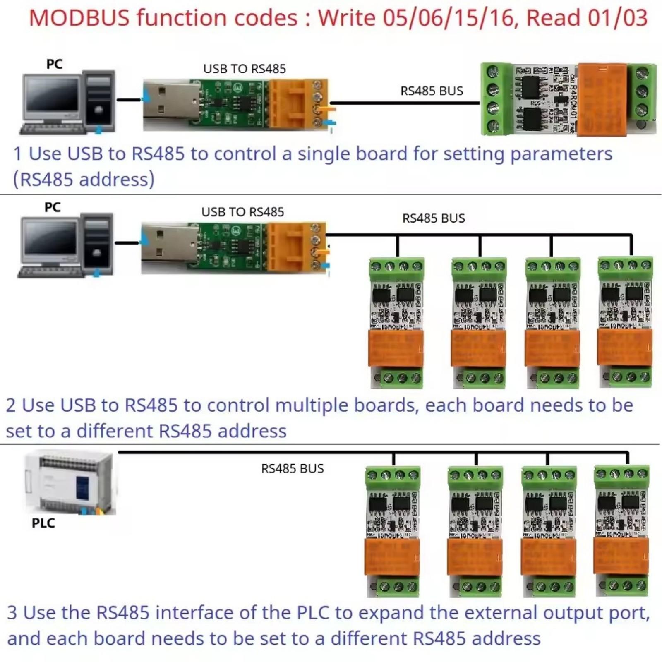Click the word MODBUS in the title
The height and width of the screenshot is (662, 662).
[79, 18]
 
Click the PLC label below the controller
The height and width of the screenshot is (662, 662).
[43, 523]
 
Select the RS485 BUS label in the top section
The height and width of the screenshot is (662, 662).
[432, 91]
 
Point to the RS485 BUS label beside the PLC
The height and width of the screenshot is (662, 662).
[292, 469]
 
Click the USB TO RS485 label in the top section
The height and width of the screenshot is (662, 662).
[244, 69]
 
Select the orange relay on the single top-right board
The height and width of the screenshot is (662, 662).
[602, 99]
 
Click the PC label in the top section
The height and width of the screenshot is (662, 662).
[54, 65]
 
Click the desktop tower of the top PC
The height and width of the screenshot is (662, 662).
[98, 101]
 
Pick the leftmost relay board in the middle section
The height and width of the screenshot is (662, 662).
[396, 323]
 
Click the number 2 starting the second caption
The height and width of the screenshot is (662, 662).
[11, 405]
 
